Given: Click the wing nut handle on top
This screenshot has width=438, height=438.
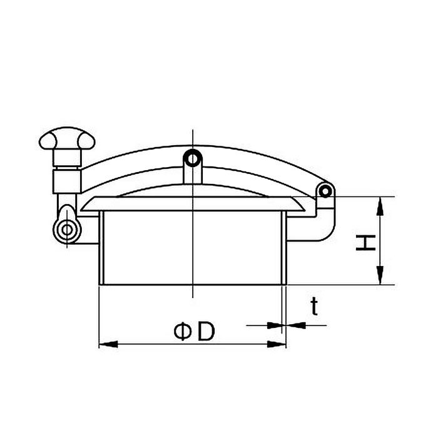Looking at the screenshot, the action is pyautogui.click(x=67, y=138).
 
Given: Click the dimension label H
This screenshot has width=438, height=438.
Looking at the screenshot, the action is pyautogui.click(x=365, y=243).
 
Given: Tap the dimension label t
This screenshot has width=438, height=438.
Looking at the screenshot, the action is pyautogui.click(x=315, y=307).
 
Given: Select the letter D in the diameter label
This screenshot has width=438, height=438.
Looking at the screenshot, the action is pyautogui.click(x=206, y=332).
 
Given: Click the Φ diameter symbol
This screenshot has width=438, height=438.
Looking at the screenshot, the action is pyautogui.click(x=183, y=332).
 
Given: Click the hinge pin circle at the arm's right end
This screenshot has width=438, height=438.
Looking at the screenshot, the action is pyautogui.click(x=325, y=191).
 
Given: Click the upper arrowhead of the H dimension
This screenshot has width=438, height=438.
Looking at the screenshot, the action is pyautogui.click(x=380, y=206).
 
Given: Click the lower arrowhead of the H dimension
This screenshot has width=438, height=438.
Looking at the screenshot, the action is pyautogui.click(x=380, y=275).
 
